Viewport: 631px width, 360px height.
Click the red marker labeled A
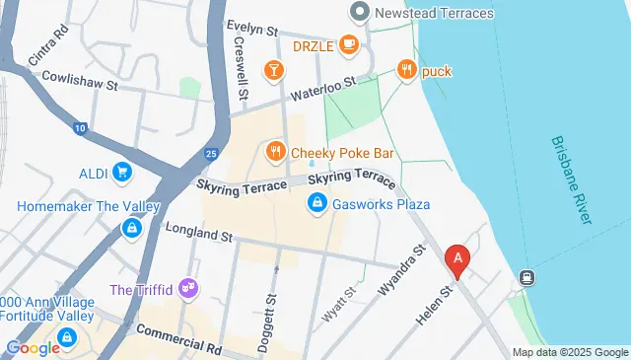click(x=457, y=259)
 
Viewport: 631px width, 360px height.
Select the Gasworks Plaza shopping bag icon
click(x=317, y=204)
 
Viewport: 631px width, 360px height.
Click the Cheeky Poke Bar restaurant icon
click(x=275, y=152)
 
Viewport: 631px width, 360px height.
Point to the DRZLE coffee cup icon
click(x=348, y=44)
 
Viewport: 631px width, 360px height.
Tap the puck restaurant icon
click(x=406, y=70)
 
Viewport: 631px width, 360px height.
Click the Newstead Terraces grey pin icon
click(x=359, y=13)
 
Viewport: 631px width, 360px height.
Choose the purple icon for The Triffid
click(x=187, y=289)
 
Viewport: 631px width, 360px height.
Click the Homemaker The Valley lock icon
click(x=129, y=229)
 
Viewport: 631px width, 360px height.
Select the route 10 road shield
click(x=80, y=128)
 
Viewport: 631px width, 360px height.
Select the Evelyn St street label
click(x=255, y=27)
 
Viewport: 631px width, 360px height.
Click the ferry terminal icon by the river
click(x=527, y=278)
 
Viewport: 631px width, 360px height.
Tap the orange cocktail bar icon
click(x=272, y=70)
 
